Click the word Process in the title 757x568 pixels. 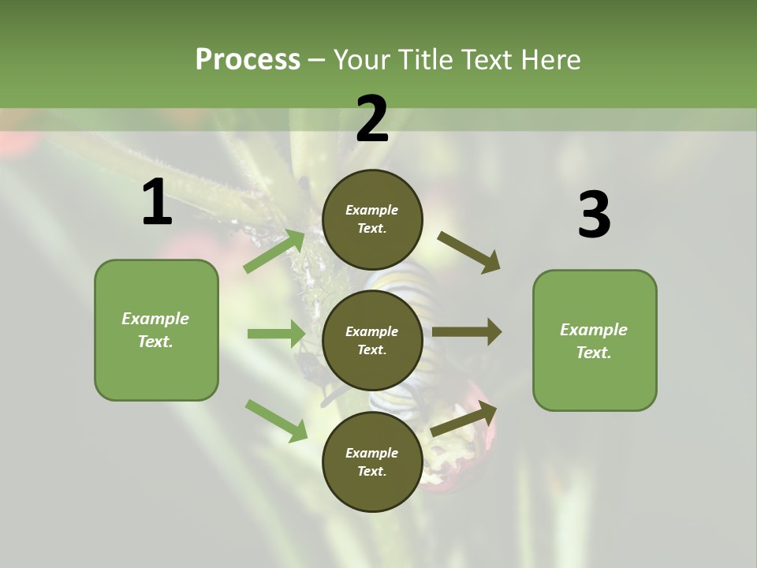click(248, 59)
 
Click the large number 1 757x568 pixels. click(157, 203)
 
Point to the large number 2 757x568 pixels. click(372, 119)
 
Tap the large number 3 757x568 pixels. click(594, 215)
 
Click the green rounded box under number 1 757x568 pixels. click(156, 330)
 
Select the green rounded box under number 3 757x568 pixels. click(595, 340)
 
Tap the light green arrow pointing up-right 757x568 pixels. click(274, 252)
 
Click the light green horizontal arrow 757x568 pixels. click(276, 334)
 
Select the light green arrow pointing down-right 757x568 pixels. click(276, 420)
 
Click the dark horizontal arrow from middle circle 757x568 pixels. click(467, 332)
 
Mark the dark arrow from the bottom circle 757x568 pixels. click(464, 419)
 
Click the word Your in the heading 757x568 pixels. click(361, 59)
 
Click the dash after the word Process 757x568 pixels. click(317, 60)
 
